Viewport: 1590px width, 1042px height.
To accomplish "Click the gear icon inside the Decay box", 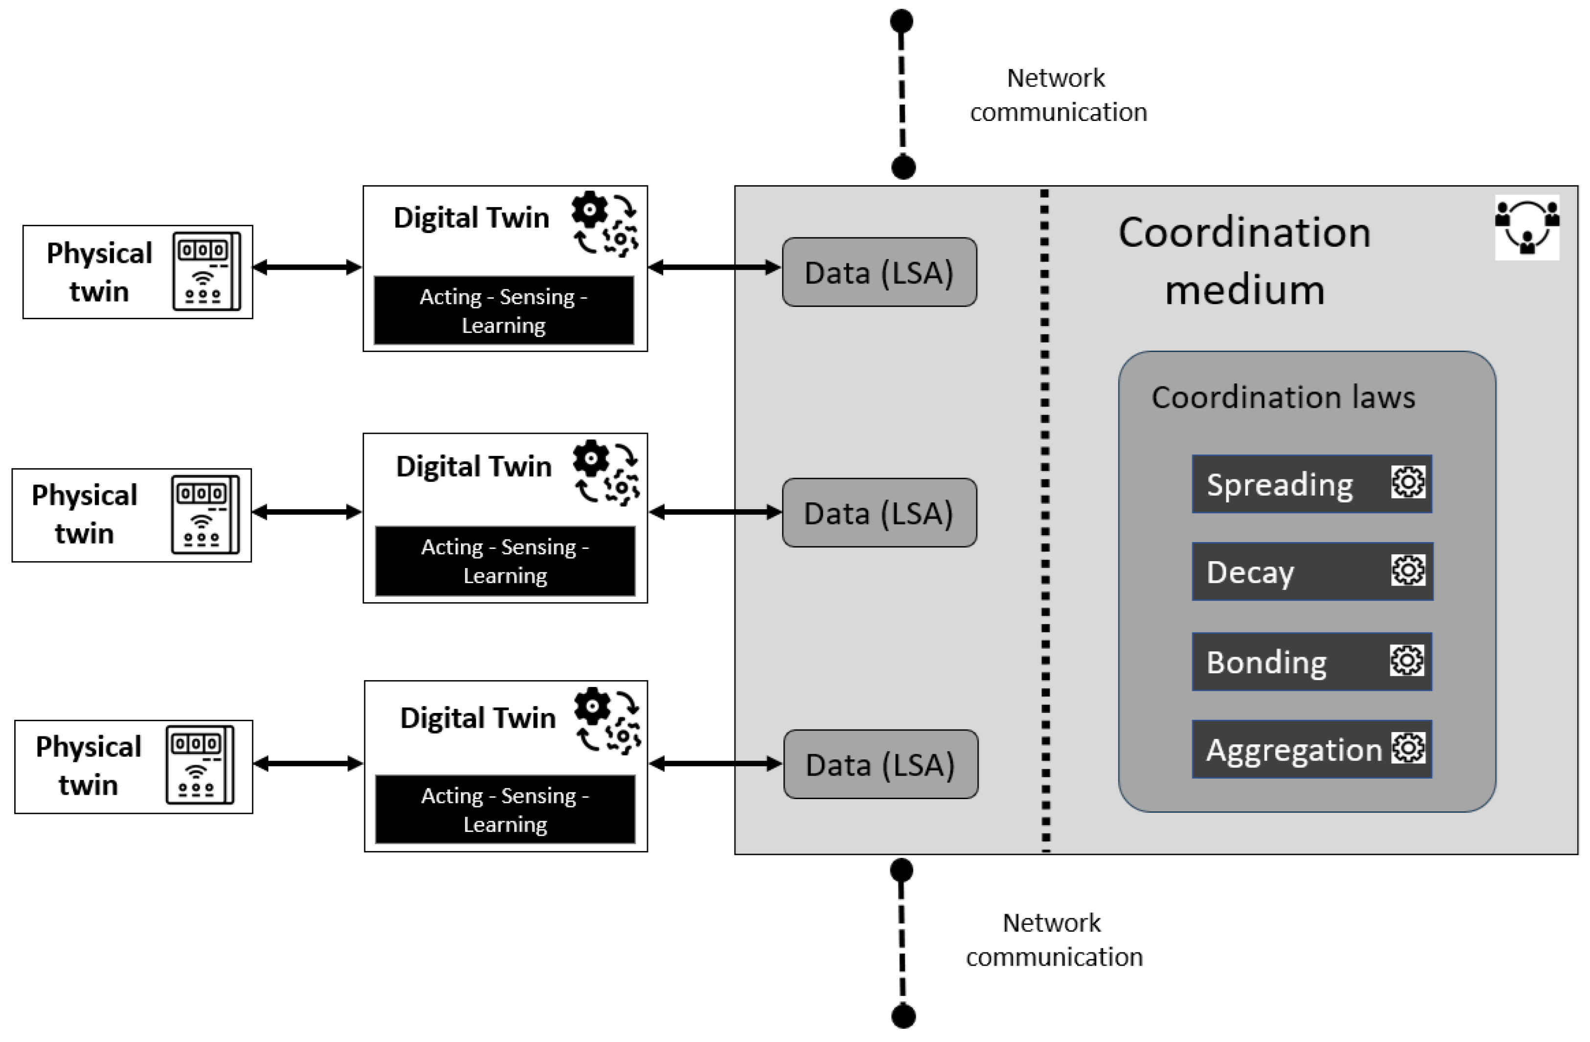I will pos(1407,570).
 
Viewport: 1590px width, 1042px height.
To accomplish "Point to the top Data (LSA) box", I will pos(879,272).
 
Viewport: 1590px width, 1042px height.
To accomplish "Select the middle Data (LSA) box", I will pos(879,513).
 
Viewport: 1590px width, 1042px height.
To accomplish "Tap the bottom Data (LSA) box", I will pos(880,764).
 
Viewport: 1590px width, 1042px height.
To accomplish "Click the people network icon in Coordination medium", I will pos(1526,227).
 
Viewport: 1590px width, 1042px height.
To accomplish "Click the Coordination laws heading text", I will pos(1283,397).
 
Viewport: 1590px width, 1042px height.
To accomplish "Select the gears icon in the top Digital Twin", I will pos(604,224).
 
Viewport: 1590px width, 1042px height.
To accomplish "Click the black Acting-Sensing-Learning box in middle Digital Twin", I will pos(505,561).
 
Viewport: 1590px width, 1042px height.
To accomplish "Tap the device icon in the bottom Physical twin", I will pos(200,765).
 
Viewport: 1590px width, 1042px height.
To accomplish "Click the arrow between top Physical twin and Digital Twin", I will pos(307,267).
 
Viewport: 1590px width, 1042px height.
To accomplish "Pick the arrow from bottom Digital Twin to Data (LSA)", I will pos(715,764).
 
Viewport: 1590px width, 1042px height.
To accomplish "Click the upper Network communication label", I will pos(1058,95).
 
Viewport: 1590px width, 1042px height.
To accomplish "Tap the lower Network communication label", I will pos(1054,940).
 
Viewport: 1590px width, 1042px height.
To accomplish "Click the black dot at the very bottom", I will pos(903,1017).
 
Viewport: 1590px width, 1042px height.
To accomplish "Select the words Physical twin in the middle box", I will pos(84,514).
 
